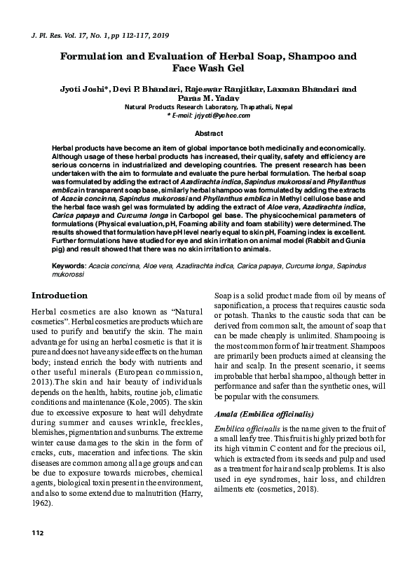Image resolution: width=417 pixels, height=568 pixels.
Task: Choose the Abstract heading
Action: [x=208, y=133]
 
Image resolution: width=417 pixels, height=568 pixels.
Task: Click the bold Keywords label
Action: [x=69, y=267]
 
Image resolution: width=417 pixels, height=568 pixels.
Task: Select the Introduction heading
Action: [x=60, y=296]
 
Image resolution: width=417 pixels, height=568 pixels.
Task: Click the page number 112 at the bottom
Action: [x=37, y=553]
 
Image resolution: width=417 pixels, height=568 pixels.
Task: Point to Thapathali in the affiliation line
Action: [x=245, y=107]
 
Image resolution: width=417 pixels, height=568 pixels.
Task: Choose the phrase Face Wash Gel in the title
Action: [x=208, y=69]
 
